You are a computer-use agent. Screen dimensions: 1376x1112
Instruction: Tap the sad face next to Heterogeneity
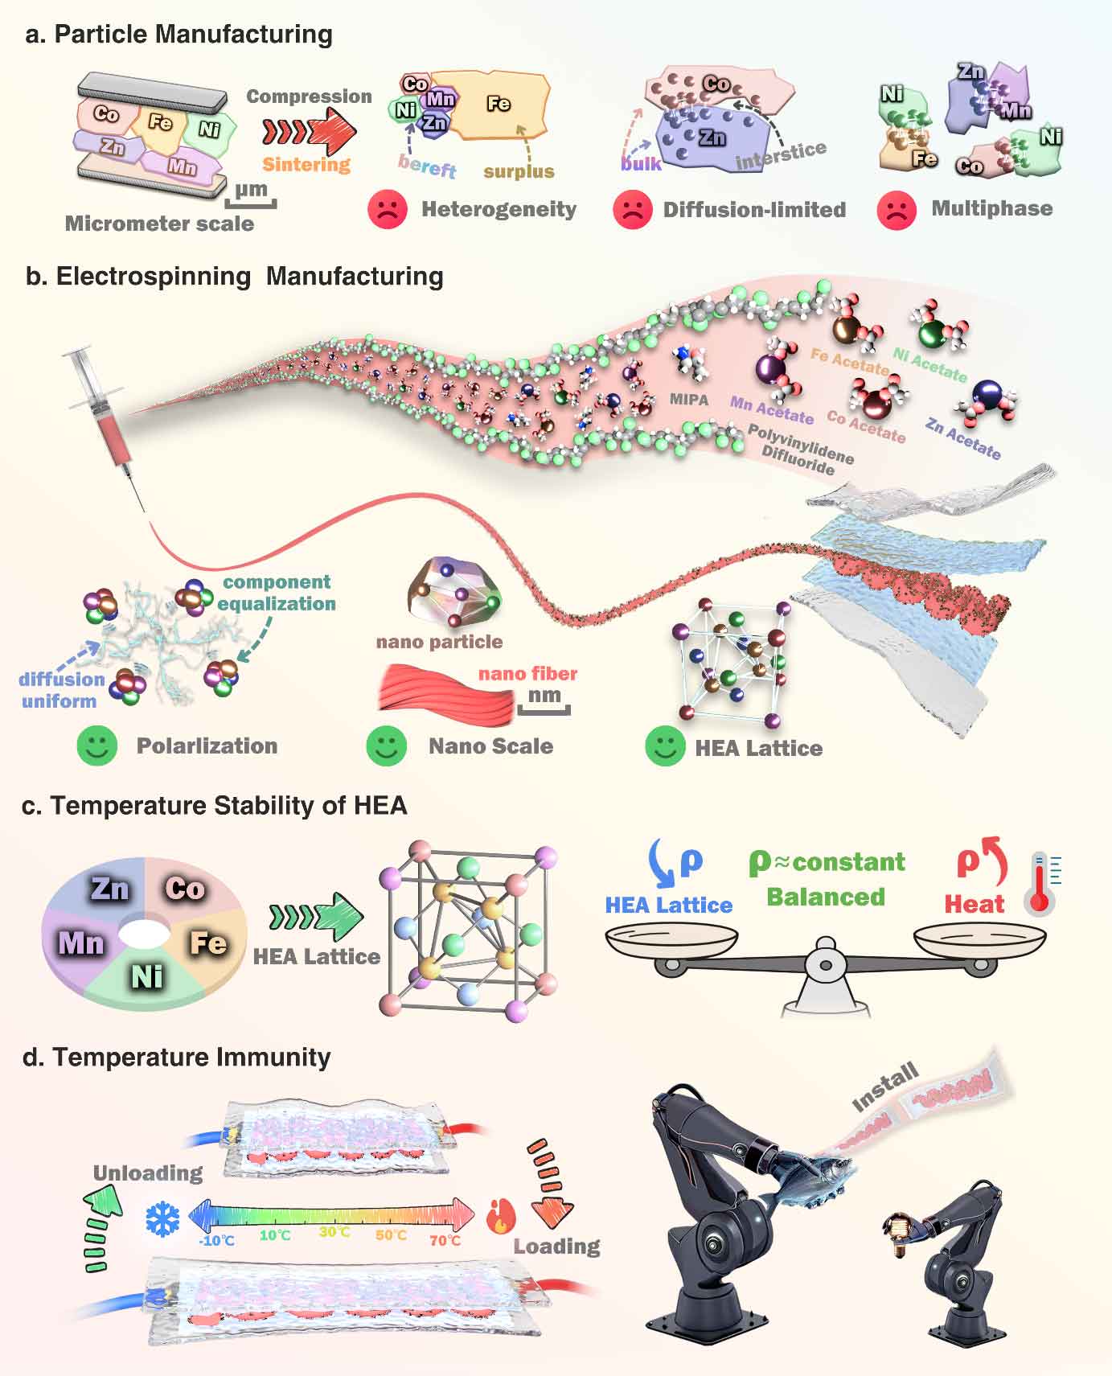tap(387, 209)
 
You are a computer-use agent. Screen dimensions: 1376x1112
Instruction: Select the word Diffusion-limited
tap(754, 210)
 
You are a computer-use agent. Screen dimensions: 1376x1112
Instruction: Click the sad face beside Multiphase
tap(897, 210)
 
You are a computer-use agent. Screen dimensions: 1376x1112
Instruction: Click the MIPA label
tap(689, 399)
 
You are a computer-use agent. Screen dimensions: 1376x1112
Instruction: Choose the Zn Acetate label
tap(963, 439)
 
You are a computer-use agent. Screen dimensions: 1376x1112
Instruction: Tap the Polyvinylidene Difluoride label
tap(801, 450)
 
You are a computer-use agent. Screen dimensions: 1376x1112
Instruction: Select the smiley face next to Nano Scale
tap(386, 746)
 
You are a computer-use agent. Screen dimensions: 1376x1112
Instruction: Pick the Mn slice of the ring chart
tap(82, 941)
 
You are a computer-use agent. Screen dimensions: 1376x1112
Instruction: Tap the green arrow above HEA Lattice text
tap(317, 916)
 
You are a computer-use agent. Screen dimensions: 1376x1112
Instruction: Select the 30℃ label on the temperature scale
tap(334, 1232)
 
